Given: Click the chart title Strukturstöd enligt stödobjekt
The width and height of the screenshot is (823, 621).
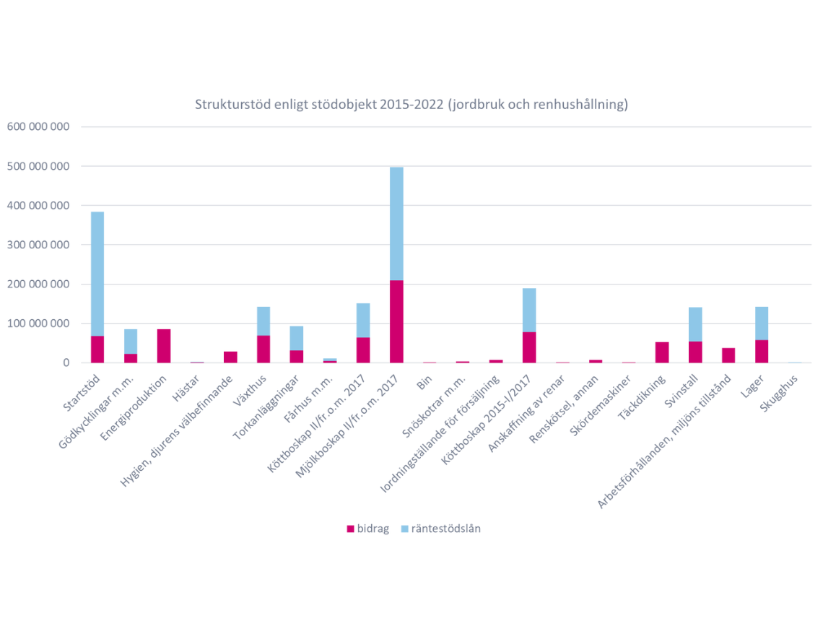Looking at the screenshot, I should coord(411,105).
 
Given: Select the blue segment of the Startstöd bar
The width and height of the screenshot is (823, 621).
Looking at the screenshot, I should coord(97,274).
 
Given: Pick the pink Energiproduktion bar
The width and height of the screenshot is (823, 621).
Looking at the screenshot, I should coord(164,346).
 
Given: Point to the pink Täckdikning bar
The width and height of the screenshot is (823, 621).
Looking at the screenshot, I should coord(662,352).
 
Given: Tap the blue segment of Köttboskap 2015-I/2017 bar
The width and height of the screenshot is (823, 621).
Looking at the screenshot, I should coord(529,310).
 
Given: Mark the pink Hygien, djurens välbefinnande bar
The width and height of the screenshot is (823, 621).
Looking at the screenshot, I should coord(230,357).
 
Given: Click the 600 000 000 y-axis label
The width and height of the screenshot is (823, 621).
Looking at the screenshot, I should coord(38,127).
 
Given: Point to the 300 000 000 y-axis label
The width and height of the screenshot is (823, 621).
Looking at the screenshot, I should coord(38,245).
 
